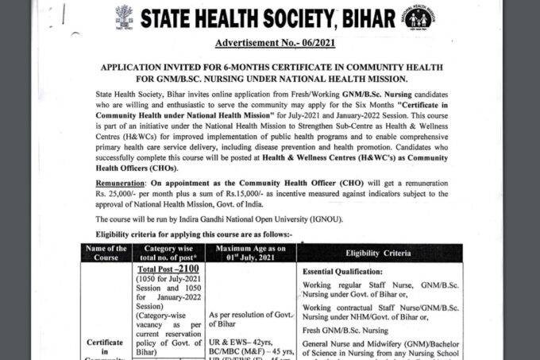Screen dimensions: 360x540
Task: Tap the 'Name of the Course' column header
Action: click(x=106, y=253)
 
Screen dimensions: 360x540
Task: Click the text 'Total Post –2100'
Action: click(x=165, y=269)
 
